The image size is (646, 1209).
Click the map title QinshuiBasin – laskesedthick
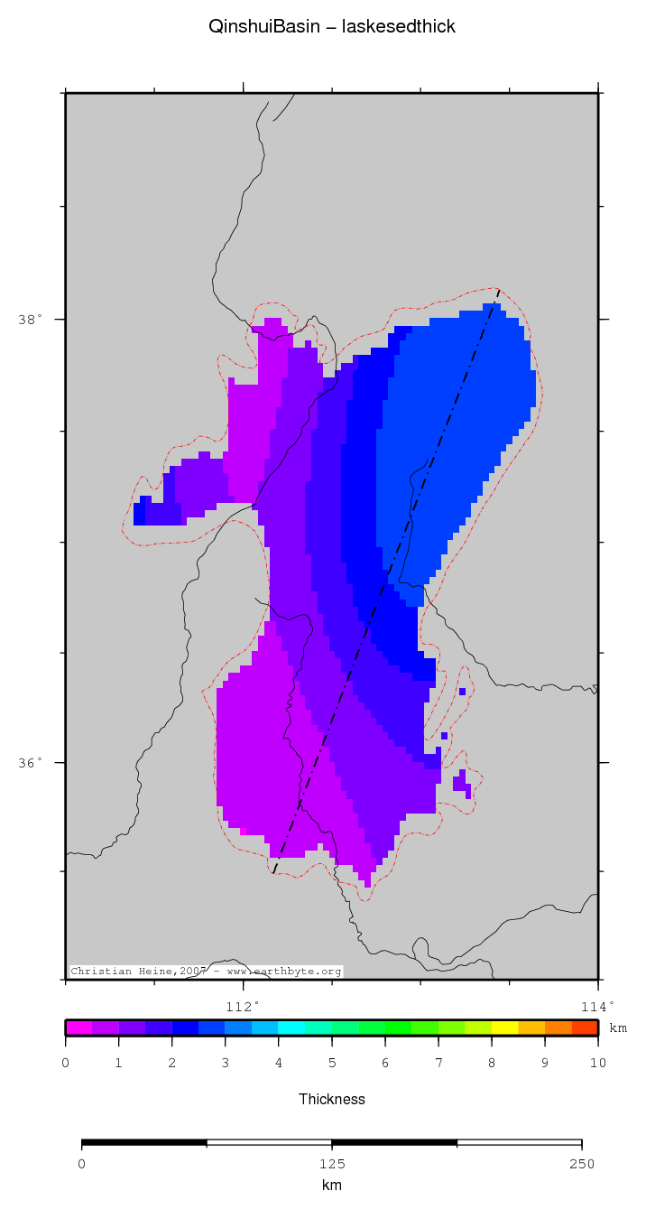click(x=331, y=27)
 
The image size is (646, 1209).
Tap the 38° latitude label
click(x=30, y=320)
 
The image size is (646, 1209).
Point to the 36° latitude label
click(x=30, y=763)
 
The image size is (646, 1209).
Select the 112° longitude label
click(x=242, y=1006)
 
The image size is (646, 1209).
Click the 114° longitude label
click(x=597, y=1006)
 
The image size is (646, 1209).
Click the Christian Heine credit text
click(x=206, y=972)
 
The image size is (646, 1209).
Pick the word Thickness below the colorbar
click(x=331, y=1099)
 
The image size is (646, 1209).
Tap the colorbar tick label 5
click(x=332, y=1064)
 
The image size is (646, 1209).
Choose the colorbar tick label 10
click(x=597, y=1064)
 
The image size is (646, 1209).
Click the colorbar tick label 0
click(x=66, y=1064)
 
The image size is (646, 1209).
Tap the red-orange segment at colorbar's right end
click(x=585, y=1028)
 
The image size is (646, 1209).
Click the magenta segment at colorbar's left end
click(x=78, y=1028)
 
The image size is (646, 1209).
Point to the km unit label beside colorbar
click(x=618, y=1028)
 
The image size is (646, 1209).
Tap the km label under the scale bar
click(x=331, y=1185)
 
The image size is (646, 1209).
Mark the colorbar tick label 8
click(x=492, y=1064)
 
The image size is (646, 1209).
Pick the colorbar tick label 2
click(x=172, y=1064)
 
